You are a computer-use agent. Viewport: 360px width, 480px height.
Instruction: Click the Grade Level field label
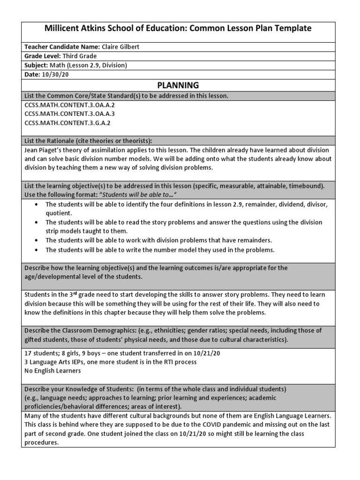[42, 56]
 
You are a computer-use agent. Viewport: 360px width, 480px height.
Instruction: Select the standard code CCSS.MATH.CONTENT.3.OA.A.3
[69, 114]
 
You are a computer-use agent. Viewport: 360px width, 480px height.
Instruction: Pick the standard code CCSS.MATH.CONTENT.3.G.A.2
[67, 123]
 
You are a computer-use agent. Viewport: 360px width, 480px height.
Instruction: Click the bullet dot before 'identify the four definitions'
[37, 204]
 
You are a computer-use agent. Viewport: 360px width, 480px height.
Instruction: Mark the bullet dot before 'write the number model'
[37, 250]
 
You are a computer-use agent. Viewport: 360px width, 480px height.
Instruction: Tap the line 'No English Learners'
[53, 371]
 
